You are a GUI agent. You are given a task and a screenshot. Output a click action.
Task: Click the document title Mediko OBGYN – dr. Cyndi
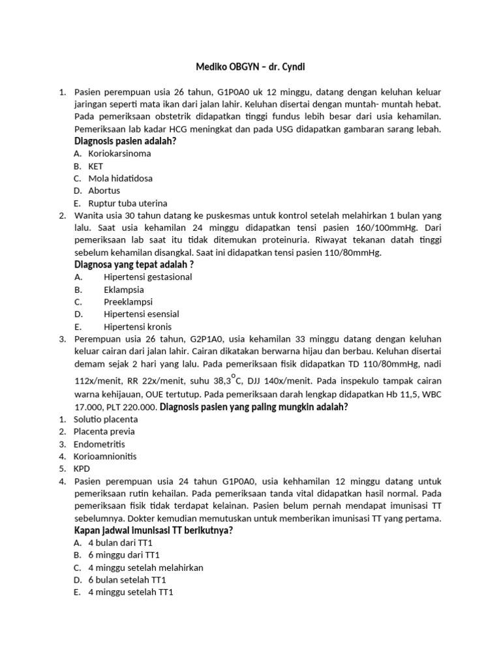[x=250, y=67]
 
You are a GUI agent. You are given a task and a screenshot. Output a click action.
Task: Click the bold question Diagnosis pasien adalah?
[x=125, y=141]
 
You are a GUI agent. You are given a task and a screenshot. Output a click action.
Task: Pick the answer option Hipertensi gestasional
[x=147, y=277]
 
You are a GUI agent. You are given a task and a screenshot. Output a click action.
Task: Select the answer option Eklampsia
[x=124, y=290]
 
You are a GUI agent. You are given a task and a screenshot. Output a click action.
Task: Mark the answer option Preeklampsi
[x=128, y=302]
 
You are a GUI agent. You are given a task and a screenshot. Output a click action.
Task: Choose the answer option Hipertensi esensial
[x=141, y=314]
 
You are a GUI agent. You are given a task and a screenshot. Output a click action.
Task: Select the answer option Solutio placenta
[x=106, y=419]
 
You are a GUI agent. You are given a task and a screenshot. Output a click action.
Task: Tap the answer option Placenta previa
[x=104, y=432]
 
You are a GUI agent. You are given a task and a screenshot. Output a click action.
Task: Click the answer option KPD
[x=82, y=469]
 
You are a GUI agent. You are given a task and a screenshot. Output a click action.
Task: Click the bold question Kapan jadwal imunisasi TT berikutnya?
[x=154, y=530]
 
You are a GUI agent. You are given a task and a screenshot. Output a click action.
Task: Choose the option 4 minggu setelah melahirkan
[x=145, y=568]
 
